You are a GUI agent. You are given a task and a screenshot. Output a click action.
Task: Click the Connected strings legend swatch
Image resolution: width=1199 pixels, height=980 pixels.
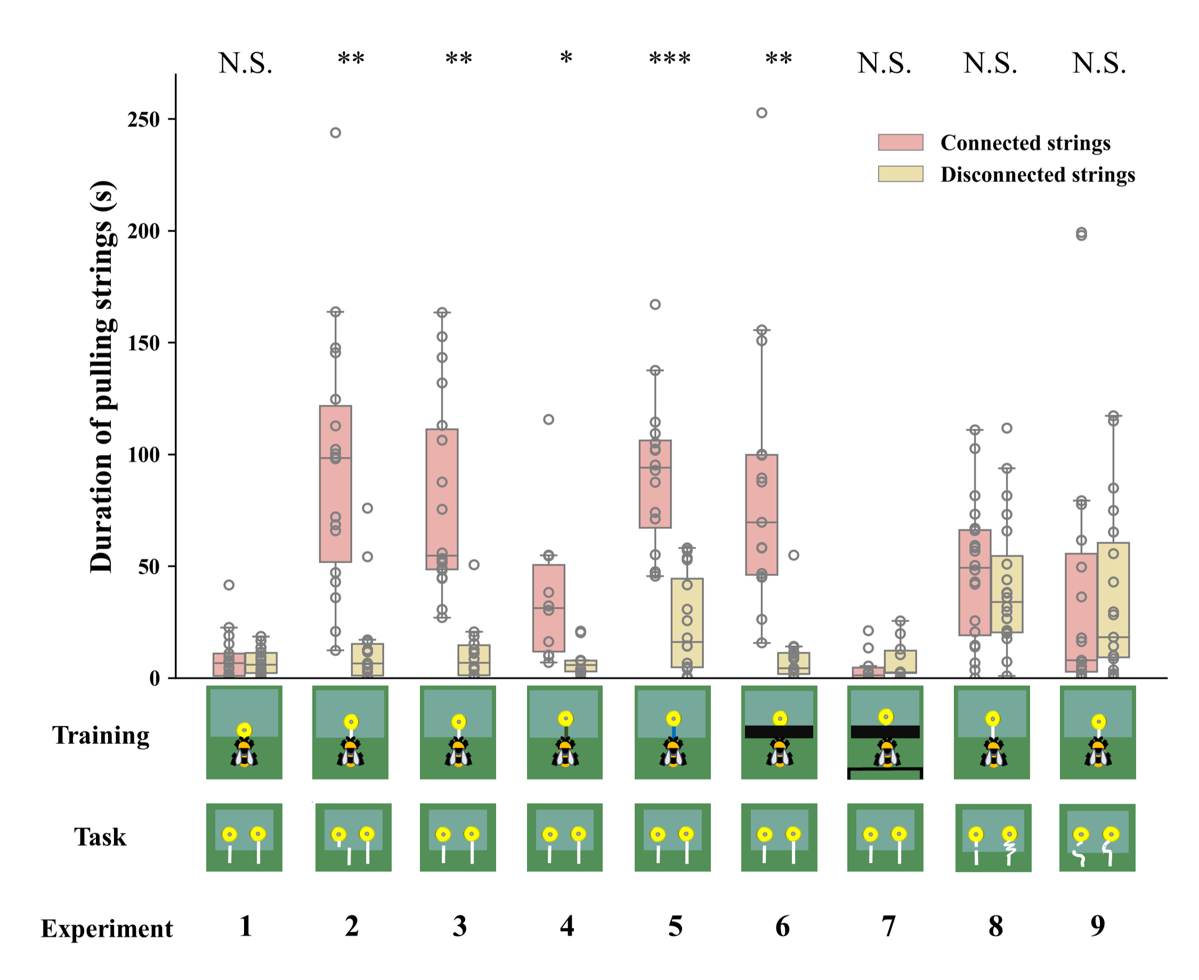click(x=900, y=142)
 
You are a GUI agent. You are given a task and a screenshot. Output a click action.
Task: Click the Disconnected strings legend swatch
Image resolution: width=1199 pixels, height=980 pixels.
click(x=900, y=174)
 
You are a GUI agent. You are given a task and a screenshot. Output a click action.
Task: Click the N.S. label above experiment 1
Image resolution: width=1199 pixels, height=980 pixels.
click(x=246, y=63)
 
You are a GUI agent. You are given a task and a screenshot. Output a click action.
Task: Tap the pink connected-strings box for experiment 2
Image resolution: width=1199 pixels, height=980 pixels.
click(x=335, y=484)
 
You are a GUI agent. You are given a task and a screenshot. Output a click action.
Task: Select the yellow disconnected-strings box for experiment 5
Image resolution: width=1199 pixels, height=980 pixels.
click(x=687, y=623)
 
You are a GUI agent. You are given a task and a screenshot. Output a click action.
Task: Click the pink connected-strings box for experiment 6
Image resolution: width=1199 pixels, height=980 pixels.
click(x=761, y=515)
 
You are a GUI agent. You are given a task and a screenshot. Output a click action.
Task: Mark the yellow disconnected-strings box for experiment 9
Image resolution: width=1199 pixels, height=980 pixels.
click(x=1113, y=599)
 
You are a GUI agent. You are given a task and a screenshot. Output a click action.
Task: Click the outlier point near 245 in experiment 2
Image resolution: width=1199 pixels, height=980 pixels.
click(x=335, y=133)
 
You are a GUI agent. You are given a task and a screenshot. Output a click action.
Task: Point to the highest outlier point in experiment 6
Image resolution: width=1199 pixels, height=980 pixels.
click(x=761, y=113)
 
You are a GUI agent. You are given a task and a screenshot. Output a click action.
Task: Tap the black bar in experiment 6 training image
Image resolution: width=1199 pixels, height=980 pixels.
click(x=779, y=732)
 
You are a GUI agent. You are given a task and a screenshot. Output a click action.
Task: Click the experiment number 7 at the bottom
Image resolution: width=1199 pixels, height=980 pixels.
click(x=889, y=926)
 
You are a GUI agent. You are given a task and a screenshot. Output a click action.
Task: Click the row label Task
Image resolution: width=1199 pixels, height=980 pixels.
click(x=100, y=837)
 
